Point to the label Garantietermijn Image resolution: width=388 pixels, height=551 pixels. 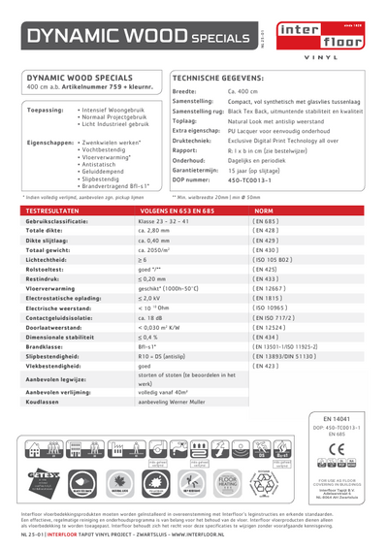tap(198, 170)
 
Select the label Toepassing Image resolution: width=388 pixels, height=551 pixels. tap(46, 110)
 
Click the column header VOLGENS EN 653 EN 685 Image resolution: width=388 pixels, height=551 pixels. tap(178, 210)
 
